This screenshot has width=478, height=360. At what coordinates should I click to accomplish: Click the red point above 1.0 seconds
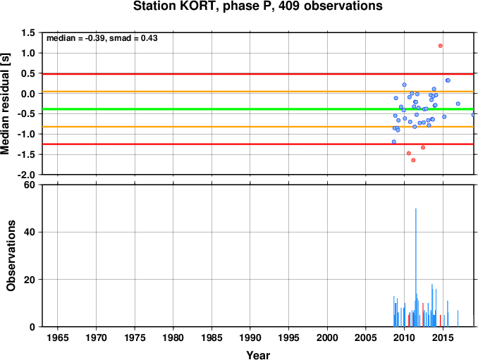[x=440, y=46]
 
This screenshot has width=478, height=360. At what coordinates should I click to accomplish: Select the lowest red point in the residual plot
[x=413, y=160]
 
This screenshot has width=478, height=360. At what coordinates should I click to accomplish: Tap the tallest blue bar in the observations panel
[x=416, y=268]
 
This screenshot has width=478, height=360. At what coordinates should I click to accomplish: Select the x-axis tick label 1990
[x=250, y=337]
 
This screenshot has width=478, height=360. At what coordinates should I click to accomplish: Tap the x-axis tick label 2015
[x=443, y=337]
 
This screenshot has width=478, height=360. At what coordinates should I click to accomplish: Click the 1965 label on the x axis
[x=58, y=337]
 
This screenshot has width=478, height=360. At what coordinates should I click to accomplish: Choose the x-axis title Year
[x=258, y=355]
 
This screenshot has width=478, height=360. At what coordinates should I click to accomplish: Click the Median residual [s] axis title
[x=5, y=104]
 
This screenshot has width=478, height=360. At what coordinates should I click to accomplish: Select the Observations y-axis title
[x=11, y=256]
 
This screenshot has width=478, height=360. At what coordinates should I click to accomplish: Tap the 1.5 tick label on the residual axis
[x=28, y=32]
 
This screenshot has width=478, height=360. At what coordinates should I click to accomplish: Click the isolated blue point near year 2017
[x=458, y=104]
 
